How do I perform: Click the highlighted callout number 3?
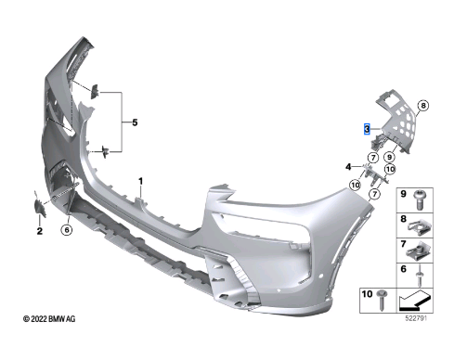tap(367, 129)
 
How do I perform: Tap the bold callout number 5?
tap(135, 122)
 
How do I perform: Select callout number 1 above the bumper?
tap(141, 181)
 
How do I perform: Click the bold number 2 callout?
tap(40, 231)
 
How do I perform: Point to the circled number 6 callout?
tap(67, 229)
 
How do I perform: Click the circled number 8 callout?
tap(423, 106)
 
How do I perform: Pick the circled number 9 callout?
tap(389, 157)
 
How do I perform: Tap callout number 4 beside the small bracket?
tap(348, 167)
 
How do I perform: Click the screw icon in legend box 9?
tap(420, 199)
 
